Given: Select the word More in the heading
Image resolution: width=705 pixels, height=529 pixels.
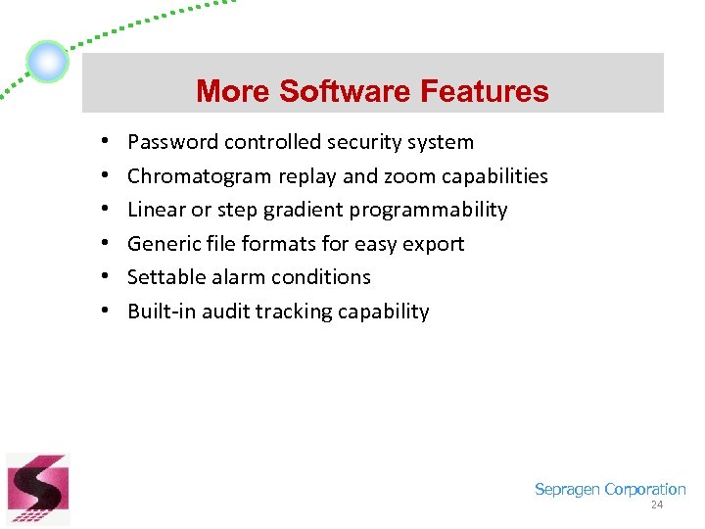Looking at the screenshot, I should pos(234,91).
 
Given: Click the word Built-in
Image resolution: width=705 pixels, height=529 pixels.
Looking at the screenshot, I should pos(162,312).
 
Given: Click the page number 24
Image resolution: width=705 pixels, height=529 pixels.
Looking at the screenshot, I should pos(656,505).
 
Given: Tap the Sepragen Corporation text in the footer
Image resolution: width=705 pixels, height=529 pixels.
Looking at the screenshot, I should pos(609,489).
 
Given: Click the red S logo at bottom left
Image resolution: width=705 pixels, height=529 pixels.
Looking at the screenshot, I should pos(37,489).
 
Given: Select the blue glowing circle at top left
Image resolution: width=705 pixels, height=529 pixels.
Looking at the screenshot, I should pos(47,63).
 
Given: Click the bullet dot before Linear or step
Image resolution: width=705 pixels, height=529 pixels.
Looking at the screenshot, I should pos(103,210).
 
